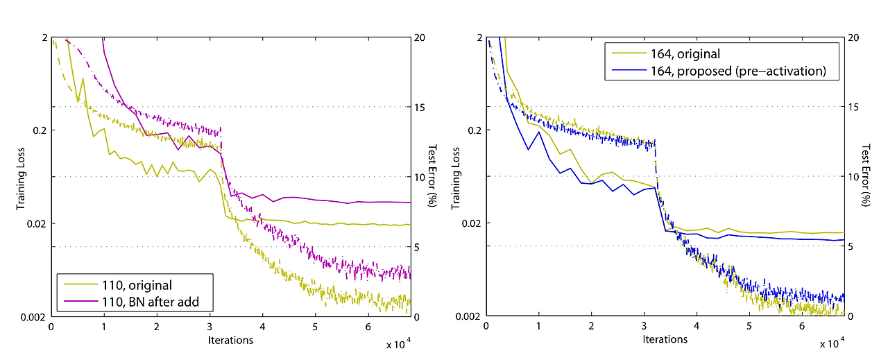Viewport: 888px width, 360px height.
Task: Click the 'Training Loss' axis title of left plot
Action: click(22, 176)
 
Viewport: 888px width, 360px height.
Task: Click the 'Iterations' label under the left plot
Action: click(230, 340)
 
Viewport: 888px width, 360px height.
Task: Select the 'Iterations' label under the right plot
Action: click(665, 340)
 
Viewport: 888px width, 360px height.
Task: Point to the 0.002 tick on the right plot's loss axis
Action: click(470, 316)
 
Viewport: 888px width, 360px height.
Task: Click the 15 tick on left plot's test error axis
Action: click(419, 107)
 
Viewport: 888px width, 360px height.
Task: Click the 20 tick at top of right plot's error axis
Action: click(853, 37)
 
